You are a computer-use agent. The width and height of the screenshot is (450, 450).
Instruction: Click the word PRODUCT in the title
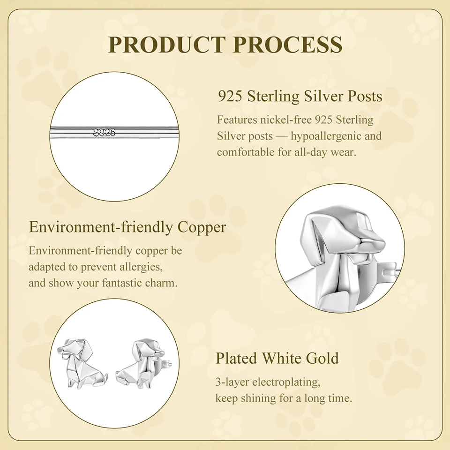(166, 44)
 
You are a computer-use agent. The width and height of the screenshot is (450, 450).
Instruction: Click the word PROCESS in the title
(287, 44)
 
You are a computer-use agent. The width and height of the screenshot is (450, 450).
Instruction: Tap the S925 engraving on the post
(104, 133)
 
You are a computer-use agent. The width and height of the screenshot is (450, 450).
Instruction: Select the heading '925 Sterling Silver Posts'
(300, 96)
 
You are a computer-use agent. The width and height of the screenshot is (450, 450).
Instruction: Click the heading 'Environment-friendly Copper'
(127, 227)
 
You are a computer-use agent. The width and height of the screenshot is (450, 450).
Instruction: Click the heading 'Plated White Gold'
(277, 358)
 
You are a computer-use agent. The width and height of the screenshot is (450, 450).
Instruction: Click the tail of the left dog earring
(104, 377)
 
